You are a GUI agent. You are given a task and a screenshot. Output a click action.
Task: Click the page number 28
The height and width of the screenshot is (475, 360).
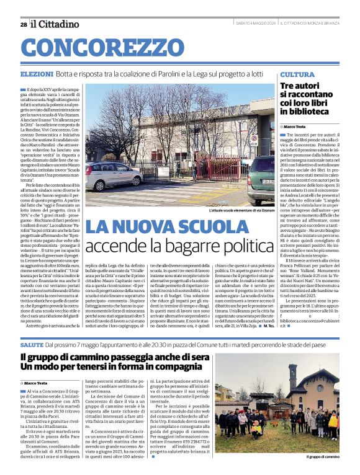pyautogui.click(x=23, y=24)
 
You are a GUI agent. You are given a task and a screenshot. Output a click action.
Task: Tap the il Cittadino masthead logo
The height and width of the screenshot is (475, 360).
pyautogui.click(x=55, y=24)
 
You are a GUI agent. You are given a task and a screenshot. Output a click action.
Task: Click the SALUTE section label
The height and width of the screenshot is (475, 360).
pyautogui.click(x=31, y=343)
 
